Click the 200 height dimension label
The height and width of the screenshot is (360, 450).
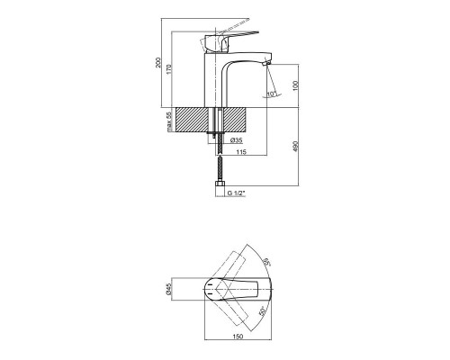(158, 62)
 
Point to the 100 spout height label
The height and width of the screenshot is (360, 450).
(296, 85)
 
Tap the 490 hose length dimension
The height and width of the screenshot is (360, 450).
(296, 146)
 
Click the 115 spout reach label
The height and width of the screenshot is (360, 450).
(241, 152)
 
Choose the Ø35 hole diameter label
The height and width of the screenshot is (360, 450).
(237, 140)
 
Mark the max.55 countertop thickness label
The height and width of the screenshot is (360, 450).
(169, 121)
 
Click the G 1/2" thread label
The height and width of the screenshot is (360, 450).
(237, 193)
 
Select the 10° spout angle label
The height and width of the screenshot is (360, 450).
(272, 94)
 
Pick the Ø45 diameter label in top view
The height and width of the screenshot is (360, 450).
(168, 289)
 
